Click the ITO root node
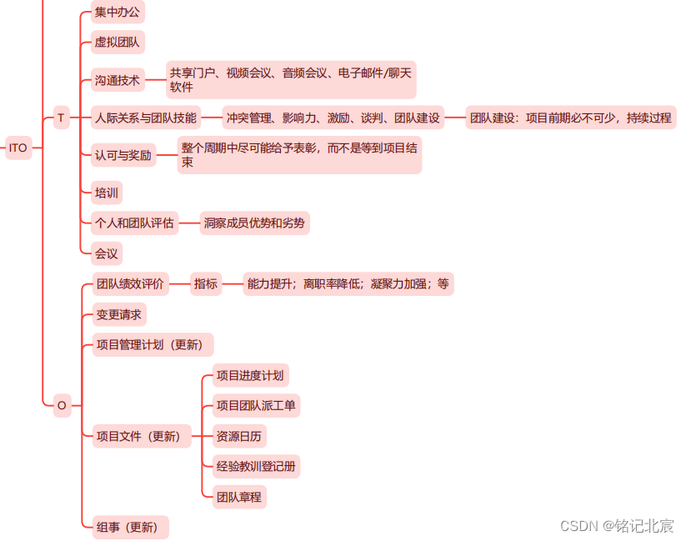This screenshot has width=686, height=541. [x=18, y=148]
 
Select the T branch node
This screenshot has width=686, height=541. [x=61, y=118]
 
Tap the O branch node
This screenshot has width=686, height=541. [x=61, y=406]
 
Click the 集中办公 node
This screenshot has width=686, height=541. [x=118, y=12]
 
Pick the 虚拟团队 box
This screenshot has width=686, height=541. [x=118, y=41]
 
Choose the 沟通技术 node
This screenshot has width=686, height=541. [x=118, y=81]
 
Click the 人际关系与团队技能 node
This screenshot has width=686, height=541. [x=146, y=118]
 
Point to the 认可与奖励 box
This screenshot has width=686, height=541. [x=123, y=155]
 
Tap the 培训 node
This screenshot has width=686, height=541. [x=107, y=193]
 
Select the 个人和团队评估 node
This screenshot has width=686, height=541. [x=134, y=223]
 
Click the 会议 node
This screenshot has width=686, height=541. [x=107, y=253]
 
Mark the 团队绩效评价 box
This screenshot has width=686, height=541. [x=130, y=284]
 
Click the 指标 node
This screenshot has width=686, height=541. [x=206, y=284]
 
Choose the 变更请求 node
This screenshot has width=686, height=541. [x=119, y=314]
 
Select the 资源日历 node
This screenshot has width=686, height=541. [x=240, y=436]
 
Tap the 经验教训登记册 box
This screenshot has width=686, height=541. [x=256, y=466]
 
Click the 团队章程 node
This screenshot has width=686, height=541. [x=239, y=498]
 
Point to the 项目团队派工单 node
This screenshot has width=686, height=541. [x=256, y=406]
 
